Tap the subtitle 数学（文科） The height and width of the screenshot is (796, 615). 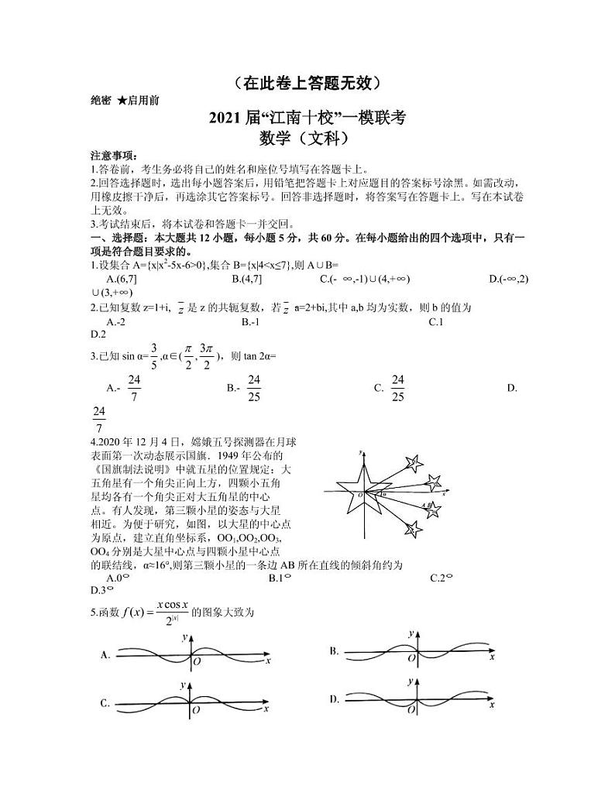click(x=307, y=139)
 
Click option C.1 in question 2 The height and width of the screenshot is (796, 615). click(x=435, y=321)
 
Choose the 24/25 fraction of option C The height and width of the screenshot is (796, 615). click(x=398, y=387)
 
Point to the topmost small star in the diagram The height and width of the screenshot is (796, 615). click(x=414, y=463)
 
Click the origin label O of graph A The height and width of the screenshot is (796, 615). click(x=197, y=663)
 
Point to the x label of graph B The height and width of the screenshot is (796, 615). click(x=492, y=657)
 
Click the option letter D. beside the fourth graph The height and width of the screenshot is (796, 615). click(x=335, y=699)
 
